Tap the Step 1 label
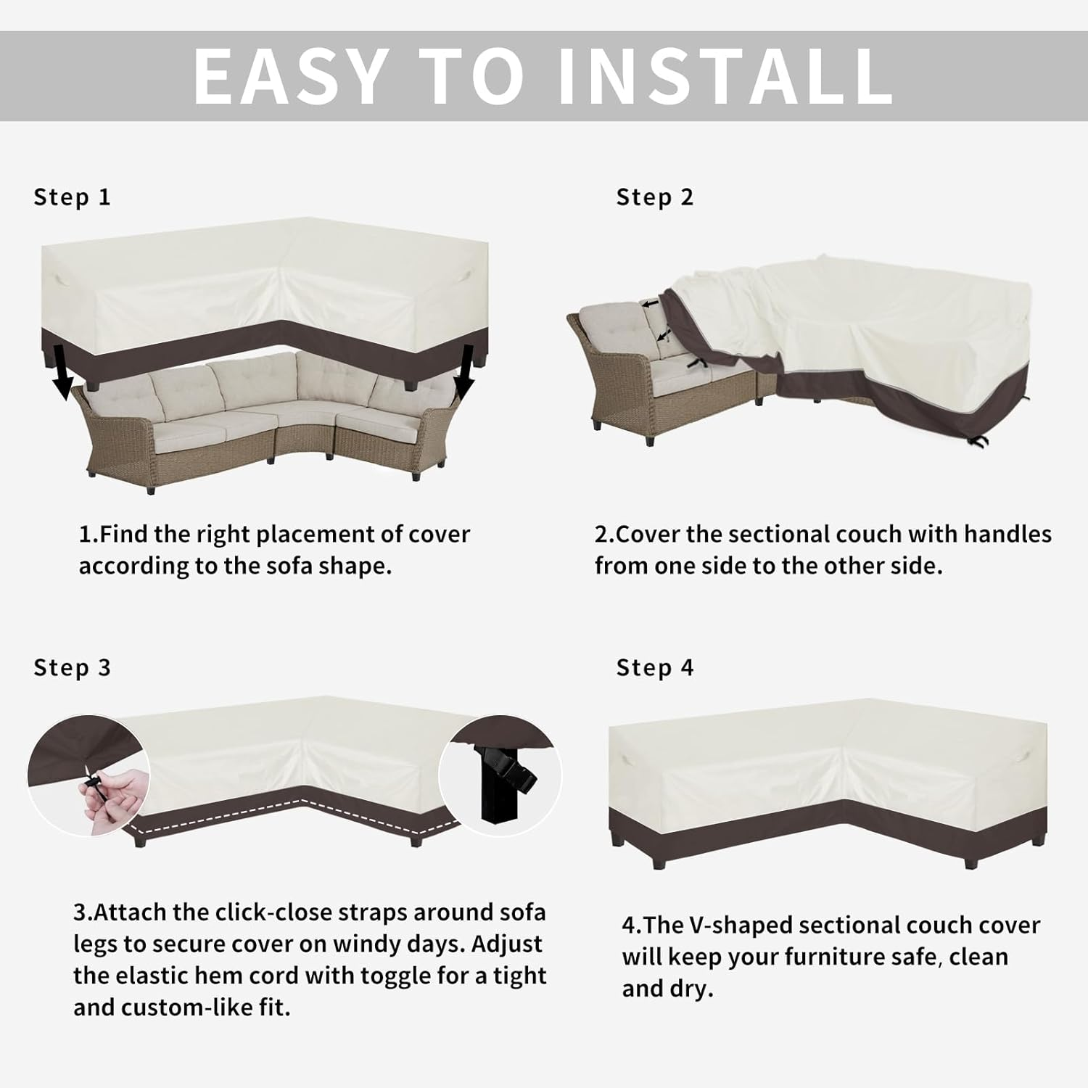pyautogui.click(x=73, y=197)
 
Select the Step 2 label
pyautogui.click(x=655, y=197)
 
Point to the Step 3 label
pyautogui.click(x=73, y=668)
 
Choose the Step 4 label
pyautogui.click(x=655, y=668)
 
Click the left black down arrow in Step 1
pyautogui.click(x=65, y=371)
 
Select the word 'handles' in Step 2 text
pyautogui.click(x=1007, y=535)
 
